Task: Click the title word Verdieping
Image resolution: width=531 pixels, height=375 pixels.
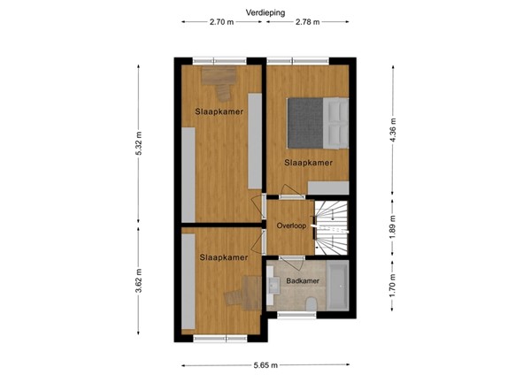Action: pyautogui.click(x=265, y=12)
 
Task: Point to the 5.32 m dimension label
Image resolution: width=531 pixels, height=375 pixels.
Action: pyautogui.click(x=139, y=144)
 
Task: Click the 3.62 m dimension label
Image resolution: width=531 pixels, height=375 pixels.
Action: pyautogui.click(x=139, y=285)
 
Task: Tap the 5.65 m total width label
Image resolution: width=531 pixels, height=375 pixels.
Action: pyautogui.click(x=265, y=364)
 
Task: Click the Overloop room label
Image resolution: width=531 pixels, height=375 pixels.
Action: pyautogui.click(x=290, y=226)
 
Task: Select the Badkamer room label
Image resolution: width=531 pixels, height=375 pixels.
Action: pyautogui.click(x=302, y=281)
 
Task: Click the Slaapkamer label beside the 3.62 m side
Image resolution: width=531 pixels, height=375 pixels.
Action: pyautogui.click(x=223, y=257)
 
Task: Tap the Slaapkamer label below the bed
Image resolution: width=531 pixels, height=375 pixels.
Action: pyautogui.click(x=308, y=163)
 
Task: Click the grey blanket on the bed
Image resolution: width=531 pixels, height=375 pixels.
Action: pyautogui.click(x=305, y=121)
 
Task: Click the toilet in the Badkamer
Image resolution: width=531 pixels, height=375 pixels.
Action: pyautogui.click(x=312, y=305)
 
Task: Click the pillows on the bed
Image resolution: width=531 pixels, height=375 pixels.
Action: pyautogui.click(x=337, y=122)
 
